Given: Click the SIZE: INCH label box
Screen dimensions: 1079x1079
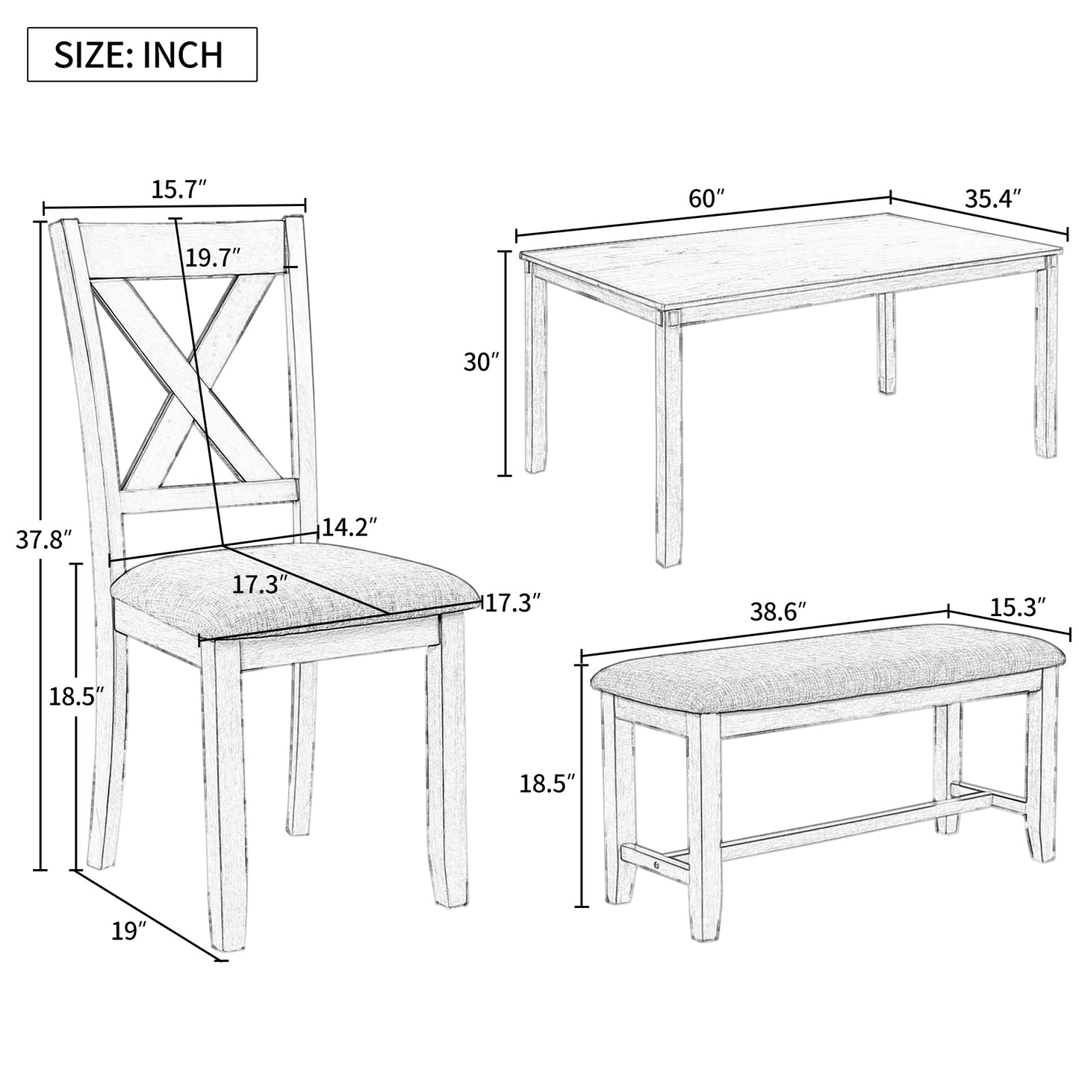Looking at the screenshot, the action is pyautogui.click(x=142, y=55).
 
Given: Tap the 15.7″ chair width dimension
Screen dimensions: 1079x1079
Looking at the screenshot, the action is pyautogui.click(x=180, y=190).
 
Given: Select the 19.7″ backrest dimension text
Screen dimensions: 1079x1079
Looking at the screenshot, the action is pyautogui.click(x=214, y=258).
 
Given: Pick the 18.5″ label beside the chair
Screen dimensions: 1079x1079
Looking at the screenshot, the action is pyautogui.click(x=77, y=697).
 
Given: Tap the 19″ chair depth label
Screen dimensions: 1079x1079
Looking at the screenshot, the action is pyautogui.click(x=128, y=931).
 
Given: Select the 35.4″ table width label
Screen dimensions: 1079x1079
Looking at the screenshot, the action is pyautogui.click(x=993, y=198).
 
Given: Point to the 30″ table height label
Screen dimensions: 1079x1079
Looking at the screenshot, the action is pyautogui.click(x=481, y=362).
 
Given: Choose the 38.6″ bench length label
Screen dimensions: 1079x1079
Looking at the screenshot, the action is pyautogui.click(x=779, y=612).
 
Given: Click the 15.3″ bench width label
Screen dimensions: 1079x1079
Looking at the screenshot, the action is pyautogui.click(x=1018, y=607).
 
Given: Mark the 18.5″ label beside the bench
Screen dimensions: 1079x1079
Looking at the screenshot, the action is pyautogui.click(x=547, y=783).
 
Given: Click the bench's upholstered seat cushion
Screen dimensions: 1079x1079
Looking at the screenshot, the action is pyautogui.click(x=827, y=671).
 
